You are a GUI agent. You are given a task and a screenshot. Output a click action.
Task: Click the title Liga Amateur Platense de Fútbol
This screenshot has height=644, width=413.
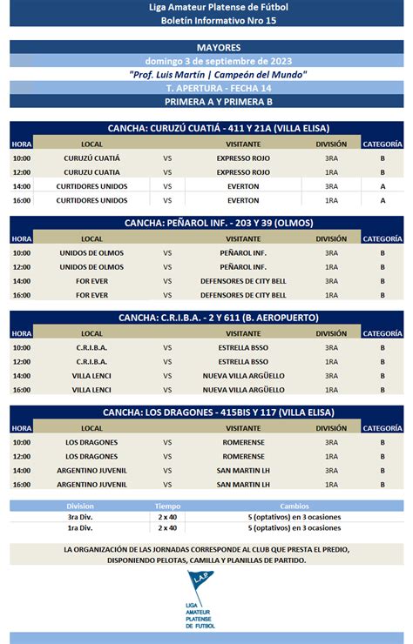coord(206,7)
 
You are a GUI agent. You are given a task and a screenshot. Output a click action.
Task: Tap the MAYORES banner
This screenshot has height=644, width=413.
coord(206,47)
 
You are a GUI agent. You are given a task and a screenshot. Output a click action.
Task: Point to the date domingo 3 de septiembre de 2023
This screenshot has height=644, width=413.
coord(206,61)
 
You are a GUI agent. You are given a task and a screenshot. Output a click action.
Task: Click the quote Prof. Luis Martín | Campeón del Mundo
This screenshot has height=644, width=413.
coord(206,75)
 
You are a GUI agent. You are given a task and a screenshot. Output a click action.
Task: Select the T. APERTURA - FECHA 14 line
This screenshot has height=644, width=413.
coord(206,88)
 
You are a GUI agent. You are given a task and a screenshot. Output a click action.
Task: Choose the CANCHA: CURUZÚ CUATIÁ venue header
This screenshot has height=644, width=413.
coord(206,128)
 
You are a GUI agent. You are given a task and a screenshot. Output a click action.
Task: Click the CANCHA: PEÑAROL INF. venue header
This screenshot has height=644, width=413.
coord(206,223)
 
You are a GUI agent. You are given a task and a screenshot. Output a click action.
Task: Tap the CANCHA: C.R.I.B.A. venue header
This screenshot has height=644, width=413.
coord(206,318)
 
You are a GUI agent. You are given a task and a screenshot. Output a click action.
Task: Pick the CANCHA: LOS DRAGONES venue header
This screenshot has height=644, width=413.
coord(206,413)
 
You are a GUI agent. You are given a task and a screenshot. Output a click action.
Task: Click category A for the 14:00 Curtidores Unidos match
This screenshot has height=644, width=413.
coord(383,186)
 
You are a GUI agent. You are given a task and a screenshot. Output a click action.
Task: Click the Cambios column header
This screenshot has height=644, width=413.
coord(294,506)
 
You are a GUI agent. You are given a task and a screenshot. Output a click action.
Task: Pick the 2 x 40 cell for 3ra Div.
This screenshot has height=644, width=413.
coord(167,516)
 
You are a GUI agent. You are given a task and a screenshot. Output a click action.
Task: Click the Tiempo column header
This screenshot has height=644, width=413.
coord(167,506)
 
